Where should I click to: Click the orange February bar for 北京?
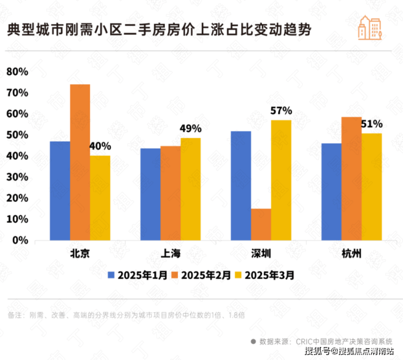coord(80,162)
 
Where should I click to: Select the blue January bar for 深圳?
coord(241,185)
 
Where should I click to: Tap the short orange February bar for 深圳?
coord(261,224)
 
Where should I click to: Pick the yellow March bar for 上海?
coord(191,189)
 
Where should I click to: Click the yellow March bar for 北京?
coord(100,198)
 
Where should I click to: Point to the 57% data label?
coord(281,111)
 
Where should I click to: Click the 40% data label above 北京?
coord(100,147)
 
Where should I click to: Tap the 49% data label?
coord(191,129)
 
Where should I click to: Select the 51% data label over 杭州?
coord(372,124)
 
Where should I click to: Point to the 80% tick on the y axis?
coord(17,72)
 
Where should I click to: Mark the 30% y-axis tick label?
coord(17,177)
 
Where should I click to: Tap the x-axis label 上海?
coord(170,254)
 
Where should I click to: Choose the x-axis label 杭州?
coord(351,254)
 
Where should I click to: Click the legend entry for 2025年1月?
coord(138,275)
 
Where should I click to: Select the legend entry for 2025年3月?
coord(265,275)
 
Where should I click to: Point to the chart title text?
coord(159,29)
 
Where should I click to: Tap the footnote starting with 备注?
coord(127,315)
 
